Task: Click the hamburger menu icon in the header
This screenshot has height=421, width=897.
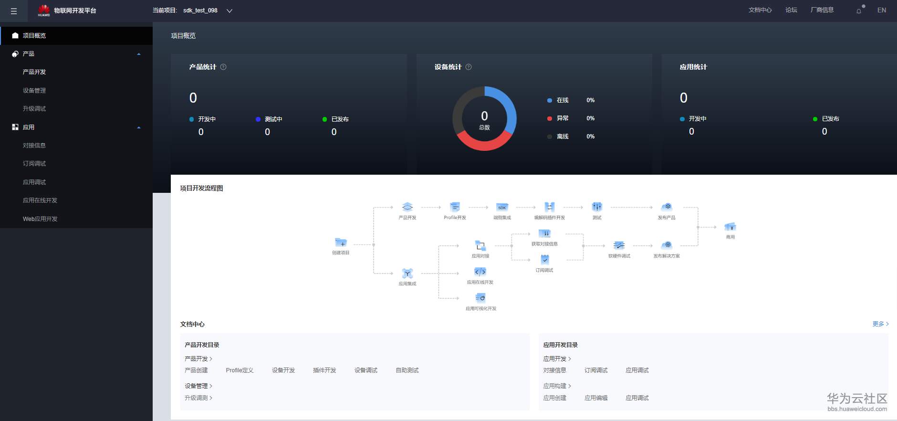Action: [x=14, y=11]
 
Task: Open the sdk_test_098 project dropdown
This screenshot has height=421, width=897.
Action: [x=229, y=11]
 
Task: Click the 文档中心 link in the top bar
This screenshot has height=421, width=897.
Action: [x=760, y=10]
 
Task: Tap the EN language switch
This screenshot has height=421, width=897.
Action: [x=881, y=10]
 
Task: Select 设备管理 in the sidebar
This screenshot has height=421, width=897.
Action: [x=34, y=90]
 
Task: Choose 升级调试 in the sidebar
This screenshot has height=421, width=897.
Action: [x=34, y=108]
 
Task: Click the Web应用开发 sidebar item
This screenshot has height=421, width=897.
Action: [x=40, y=219]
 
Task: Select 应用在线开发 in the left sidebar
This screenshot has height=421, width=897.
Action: [x=40, y=200]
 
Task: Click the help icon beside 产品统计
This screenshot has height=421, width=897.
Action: [x=223, y=67]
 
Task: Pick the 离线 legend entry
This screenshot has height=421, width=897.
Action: [x=563, y=137]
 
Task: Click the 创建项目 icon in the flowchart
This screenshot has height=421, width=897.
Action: [x=341, y=243]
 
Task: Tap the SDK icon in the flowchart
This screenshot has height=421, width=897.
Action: [x=502, y=207]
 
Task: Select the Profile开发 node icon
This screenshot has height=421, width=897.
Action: [x=455, y=207]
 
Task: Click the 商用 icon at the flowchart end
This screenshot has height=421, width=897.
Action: [x=730, y=227]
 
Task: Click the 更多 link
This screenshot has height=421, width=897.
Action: [x=880, y=324]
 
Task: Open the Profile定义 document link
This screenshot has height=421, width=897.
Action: [x=240, y=370]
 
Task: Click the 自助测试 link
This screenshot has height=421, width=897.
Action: [x=407, y=370]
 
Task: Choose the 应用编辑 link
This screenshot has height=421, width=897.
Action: [x=596, y=398]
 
